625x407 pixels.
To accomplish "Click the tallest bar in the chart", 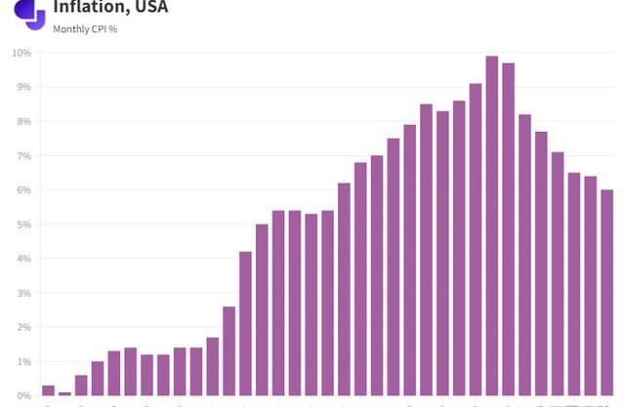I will pos(491,226).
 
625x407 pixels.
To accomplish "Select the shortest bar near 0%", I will pos(64,393).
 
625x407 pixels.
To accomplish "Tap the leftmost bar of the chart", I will pos(48,390).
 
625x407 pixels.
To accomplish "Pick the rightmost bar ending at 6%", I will pos(606,293).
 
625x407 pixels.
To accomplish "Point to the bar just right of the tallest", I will pos(508,229).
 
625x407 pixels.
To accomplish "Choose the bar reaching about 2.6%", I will pos(229,351).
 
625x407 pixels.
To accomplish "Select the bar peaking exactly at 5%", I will pos(262,310).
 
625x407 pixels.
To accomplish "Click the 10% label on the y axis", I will pos(21,53).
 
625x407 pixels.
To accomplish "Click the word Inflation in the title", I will pos(89,8).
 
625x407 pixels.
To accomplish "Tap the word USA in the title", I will pos(150,8).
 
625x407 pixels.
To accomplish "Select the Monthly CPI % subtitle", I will pos(85,29).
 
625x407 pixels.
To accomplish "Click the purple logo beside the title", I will pos(30,13).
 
